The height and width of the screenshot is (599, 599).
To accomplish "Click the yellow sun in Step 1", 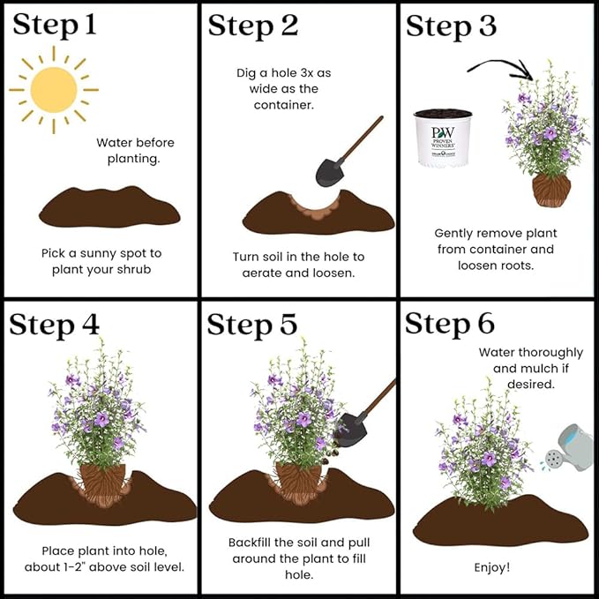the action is (54, 90).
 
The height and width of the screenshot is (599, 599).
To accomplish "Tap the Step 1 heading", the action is (54, 25).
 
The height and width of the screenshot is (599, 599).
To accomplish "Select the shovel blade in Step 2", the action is (329, 173).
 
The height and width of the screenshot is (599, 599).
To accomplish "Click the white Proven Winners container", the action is (443, 139).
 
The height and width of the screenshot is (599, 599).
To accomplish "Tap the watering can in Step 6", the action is (568, 448).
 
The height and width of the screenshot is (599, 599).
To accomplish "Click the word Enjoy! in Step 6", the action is (492, 567).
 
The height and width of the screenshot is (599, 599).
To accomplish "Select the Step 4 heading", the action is (54, 326).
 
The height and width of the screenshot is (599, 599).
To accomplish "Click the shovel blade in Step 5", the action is (350, 431).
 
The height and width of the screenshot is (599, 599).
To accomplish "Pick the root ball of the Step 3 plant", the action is (551, 190).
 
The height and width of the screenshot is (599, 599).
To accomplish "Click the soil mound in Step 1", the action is (109, 207).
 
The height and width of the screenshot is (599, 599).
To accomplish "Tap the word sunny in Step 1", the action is (97, 254).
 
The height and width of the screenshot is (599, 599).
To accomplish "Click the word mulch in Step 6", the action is (539, 369).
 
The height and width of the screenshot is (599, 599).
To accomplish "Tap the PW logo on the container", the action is (443, 132).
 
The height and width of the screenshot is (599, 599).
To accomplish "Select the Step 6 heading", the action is (450, 324).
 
